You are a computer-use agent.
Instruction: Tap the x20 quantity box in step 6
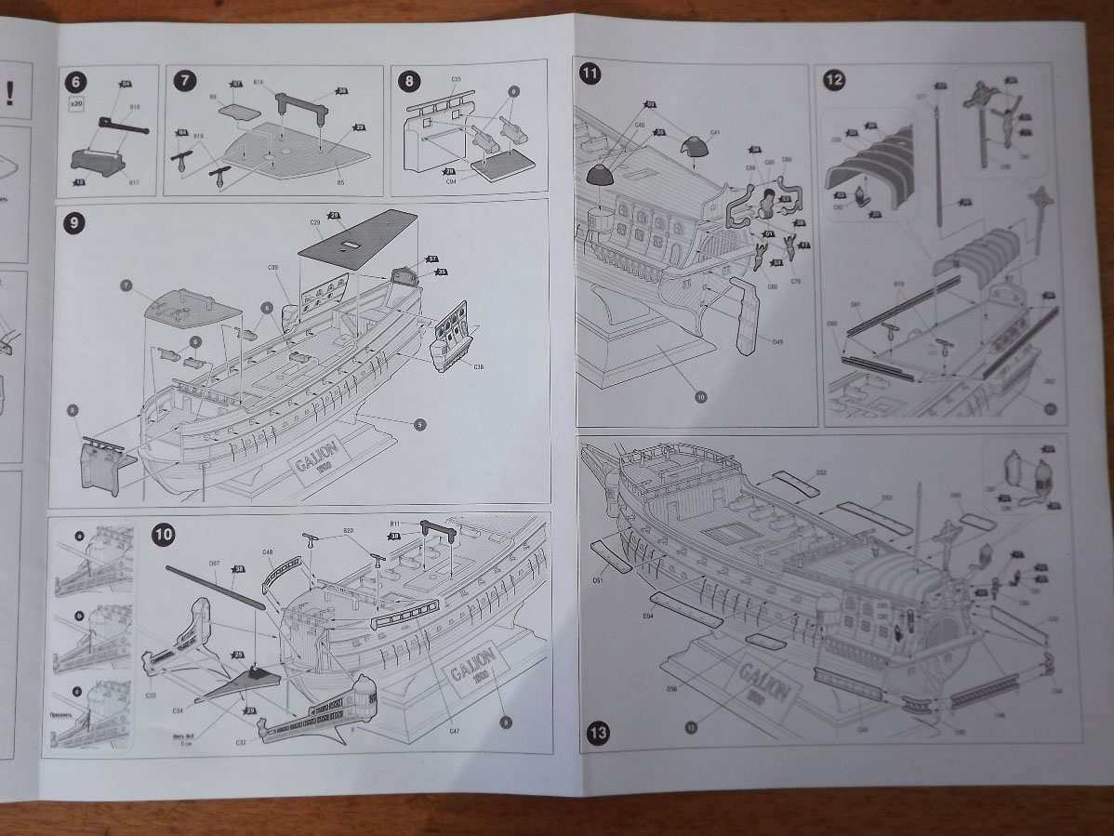click(x=77, y=104)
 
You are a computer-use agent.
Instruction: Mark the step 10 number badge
click(x=164, y=535)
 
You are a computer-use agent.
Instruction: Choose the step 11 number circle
click(x=590, y=73)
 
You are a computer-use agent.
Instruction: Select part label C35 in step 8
click(x=456, y=80)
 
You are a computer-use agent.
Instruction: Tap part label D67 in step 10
click(x=214, y=564)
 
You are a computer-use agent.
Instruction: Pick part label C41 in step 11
click(x=714, y=134)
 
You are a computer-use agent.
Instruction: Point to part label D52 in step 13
click(x=821, y=472)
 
